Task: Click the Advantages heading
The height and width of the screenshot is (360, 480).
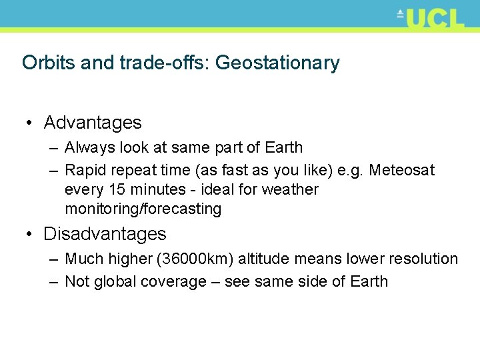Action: click(x=93, y=123)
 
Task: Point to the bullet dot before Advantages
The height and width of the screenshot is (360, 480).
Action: click(x=30, y=123)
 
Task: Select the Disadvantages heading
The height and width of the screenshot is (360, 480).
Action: click(x=105, y=234)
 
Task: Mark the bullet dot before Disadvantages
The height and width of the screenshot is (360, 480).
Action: click(x=30, y=235)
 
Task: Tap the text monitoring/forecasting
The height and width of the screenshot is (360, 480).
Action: click(x=143, y=209)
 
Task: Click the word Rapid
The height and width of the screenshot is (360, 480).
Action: click(x=84, y=171)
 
